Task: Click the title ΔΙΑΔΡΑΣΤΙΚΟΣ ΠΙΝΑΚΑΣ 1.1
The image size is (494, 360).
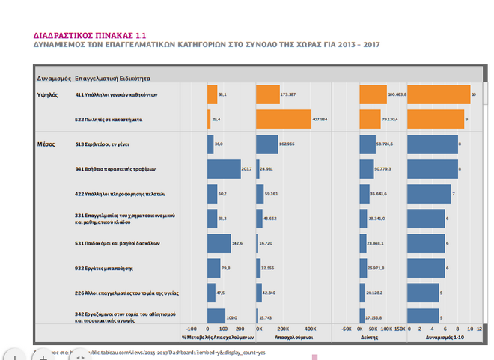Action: click(89, 34)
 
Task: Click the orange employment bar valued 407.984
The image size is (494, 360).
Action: click(284, 119)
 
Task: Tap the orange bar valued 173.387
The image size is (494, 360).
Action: click(267, 95)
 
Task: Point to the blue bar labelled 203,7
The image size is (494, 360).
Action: click(224, 169)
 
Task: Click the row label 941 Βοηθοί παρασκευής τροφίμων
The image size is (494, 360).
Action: click(115, 169)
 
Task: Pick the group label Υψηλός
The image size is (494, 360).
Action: click(48, 95)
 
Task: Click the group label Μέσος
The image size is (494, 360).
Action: click(46, 144)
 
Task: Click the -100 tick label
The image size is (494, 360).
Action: click(191, 329)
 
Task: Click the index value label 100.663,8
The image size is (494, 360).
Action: click(397, 95)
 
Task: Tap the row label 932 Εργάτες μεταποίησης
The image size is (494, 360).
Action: click(106, 268)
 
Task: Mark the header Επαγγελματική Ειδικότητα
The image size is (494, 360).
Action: click(113, 78)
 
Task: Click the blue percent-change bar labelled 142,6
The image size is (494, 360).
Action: click(219, 243)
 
